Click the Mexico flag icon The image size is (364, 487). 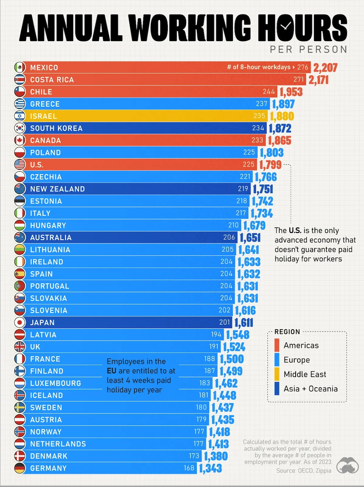pyautogui.click(x=20, y=67)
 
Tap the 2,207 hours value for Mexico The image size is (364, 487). pyautogui.click(x=325, y=68)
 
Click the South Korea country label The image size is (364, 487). pyautogui.click(x=56, y=129)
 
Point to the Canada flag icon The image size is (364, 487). pyautogui.click(x=20, y=140)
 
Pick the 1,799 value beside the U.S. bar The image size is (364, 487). pyautogui.click(x=270, y=165)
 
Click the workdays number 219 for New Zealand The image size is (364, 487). pyautogui.click(x=243, y=189)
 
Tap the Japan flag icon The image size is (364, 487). pyautogui.click(x=20, y=323)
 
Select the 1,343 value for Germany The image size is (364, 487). pyautogui.click(x=210, y=468)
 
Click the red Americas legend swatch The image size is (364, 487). pyautogui.click(x=277, y=345)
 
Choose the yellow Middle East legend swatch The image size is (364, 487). pyautogui.click(x=277, y=374)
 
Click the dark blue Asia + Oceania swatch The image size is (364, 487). pyautogui.click(x=277, y=389)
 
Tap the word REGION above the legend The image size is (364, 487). pyautogui.click(x=287, y=332)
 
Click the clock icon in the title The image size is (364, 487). pyautogui.click(x=285, y=26)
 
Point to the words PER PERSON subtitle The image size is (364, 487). pyautogui.click(x=308, y=49)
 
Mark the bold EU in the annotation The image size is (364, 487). pyautogui.click(x=111, y=371)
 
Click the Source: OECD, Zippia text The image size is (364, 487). pyautogui.click(x=304, y=471)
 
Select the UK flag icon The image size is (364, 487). pyautogui.click(x=20, y=347)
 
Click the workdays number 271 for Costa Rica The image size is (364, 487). pyautogui.click(x=298, y=79)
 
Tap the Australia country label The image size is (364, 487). pyautogui.click(x=51, y=238)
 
